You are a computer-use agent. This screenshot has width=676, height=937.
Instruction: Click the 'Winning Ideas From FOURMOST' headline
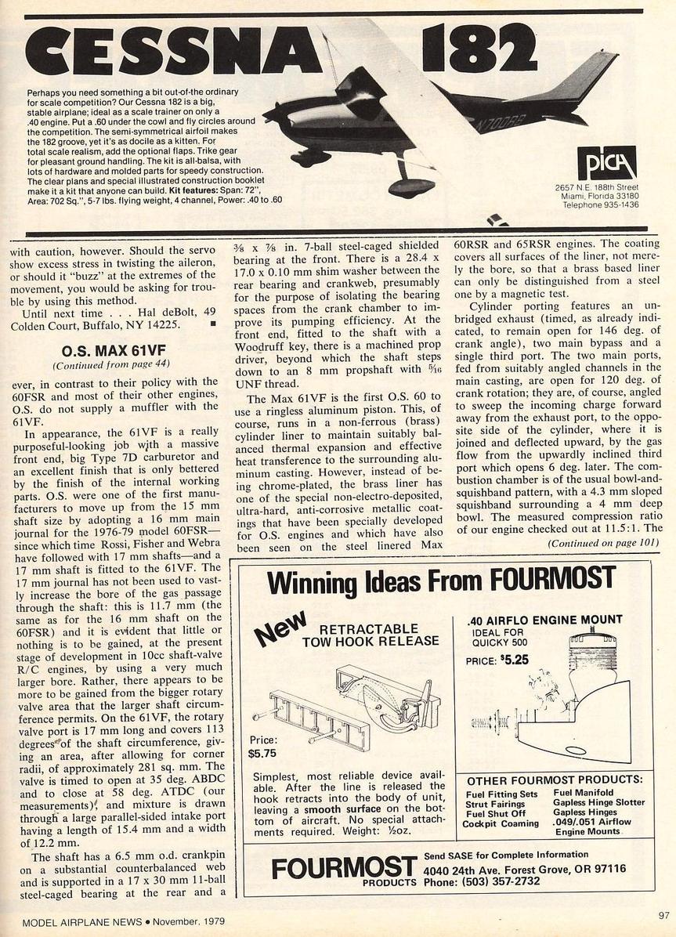tap(441, 581)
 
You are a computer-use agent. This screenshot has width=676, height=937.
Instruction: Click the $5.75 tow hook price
tap(262, 754)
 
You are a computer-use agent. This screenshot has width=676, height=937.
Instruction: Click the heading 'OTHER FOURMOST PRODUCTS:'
tap(555, 780)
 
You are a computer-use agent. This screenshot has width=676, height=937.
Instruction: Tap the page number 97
tap(664, 914)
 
